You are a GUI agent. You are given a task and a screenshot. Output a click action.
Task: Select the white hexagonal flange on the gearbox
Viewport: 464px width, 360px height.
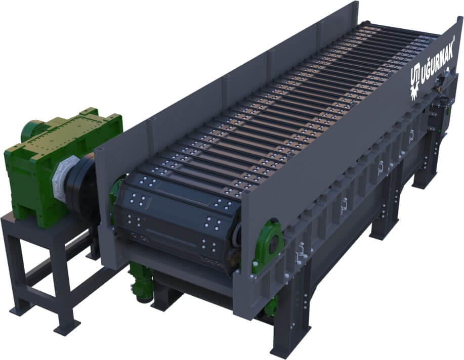(65, 175)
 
